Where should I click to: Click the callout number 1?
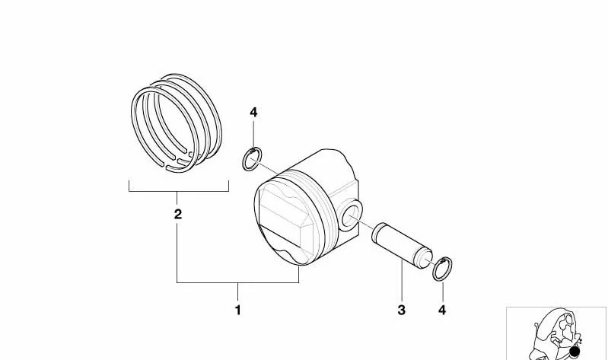(237, 310)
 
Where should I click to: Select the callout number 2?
(177, 214)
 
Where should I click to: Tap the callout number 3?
(401, 310)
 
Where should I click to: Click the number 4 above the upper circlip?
(253, 113)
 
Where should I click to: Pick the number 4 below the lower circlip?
(442, 310)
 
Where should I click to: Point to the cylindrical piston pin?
(402, 245)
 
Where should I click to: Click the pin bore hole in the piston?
(352, 216)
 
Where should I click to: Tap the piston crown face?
(286, 223)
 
